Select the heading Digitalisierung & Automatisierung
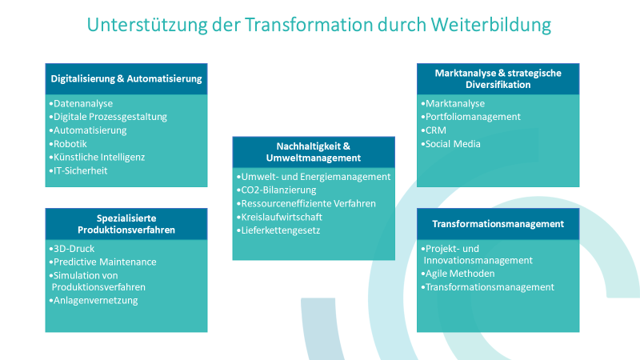[126, 79]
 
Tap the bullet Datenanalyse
[82, 103]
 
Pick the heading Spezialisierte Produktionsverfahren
[126, 224]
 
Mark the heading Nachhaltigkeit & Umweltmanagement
[314, 152]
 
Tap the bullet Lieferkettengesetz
[281, 230]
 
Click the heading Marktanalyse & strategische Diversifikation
[498, 78]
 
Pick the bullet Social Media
[453, 143]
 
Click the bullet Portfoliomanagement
[473, 116]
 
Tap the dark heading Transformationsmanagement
[498, 223]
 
